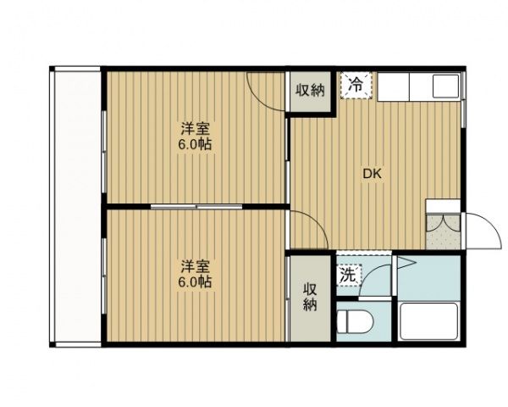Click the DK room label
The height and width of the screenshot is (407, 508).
click(x=373, y=175)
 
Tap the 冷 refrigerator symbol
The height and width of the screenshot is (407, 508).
click(x=356, y=86)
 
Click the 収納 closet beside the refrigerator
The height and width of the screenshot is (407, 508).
click(x=311, y=91)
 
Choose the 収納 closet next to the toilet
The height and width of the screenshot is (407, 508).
click(x=311, y=297)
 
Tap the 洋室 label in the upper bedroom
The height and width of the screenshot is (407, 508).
click(x=195, y=129)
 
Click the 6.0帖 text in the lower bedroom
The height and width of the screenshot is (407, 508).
click(x=195, y=282)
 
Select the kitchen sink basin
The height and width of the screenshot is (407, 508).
click(x=444, y=85)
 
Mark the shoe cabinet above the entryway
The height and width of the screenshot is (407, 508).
click(x=442, y=206)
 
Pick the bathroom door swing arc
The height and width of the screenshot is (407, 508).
click(x=385, y=273)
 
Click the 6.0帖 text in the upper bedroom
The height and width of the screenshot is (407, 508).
click(x=195, y=144)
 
